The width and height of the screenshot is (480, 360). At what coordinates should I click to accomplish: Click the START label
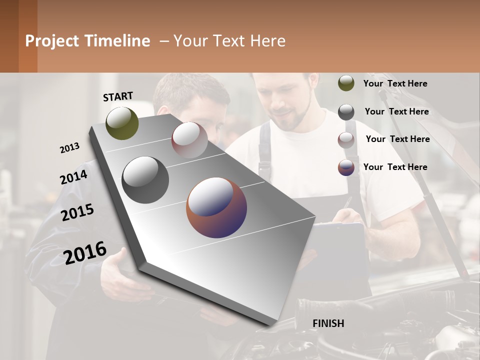[x=118, y=96]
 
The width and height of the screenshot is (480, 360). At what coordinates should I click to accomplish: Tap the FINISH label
[x=328, y=323]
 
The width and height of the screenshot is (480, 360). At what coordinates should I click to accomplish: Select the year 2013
[x=69, y=147]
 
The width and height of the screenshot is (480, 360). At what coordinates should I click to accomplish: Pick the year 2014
[x=73, y=177]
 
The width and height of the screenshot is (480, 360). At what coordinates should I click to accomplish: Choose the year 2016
[x=85, y=252]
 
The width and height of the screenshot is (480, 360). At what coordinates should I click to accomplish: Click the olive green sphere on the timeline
[x=122, y=123]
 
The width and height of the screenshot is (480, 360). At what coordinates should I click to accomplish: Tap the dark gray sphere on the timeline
[x=145, y=180]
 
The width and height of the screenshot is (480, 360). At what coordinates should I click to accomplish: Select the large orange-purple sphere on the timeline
[x=216, y=207]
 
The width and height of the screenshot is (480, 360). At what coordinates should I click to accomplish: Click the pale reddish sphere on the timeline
[x=189, y=140]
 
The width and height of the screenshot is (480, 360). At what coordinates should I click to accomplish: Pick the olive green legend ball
[x=346, y=83]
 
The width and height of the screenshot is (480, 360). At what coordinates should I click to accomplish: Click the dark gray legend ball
[x=346, y=112]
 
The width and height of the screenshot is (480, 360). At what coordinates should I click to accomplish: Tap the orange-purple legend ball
[x=346, y=167]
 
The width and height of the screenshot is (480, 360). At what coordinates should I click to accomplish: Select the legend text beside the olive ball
[x=395, y=83]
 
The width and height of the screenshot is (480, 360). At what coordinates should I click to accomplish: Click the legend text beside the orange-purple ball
[x=395, y=167]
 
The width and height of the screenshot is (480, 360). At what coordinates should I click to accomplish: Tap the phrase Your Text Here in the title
[x=229, y=41]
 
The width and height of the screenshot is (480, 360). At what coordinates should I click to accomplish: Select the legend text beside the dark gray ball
[x=396, y=111]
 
